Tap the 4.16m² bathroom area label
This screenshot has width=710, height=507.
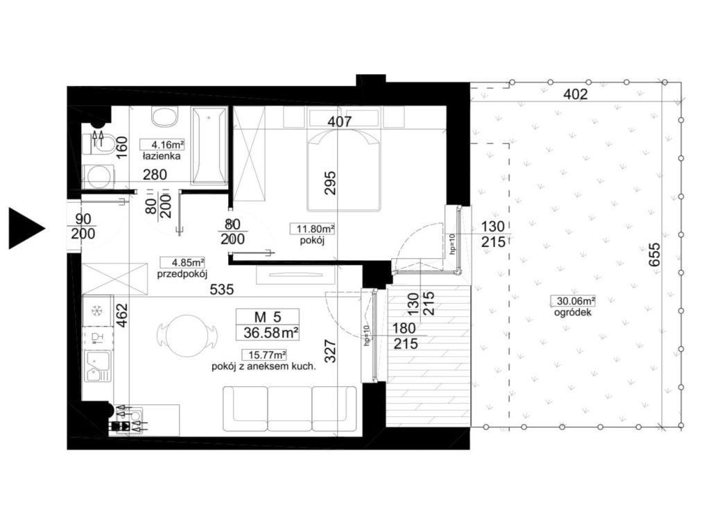tap(162, 145)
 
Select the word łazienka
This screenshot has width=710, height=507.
tap(162, 156)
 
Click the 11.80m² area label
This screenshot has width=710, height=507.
tap(313, 230)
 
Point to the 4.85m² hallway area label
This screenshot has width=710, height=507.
tap(182, 262)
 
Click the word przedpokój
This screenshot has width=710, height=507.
tap(182, 274)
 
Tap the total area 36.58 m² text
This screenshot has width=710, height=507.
tap(271, 333)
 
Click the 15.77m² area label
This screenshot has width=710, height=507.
tap(264, 355)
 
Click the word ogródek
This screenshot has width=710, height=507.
tap(573, 313)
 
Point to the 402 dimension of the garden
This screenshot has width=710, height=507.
tap(575, 94)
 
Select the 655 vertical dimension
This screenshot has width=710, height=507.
tap(656, 255)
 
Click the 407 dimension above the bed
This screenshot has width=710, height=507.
tap(339, 121)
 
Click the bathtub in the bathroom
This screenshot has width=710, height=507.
tap(209, 146)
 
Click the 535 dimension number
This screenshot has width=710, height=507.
tap(222, 289)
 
